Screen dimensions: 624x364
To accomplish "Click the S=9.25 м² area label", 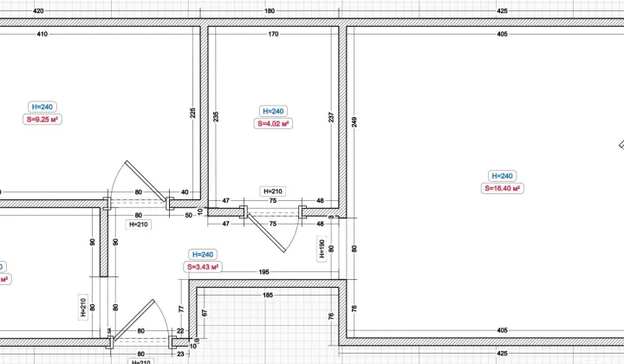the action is pyautogui.click(x=42, y=120).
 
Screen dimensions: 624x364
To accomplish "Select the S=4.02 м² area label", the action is pyautogui.click(x=273, y=124).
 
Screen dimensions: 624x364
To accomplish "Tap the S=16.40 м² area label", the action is pyautogui.click(x=502, y=189).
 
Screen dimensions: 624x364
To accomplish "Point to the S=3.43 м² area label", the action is pyautogui.click(x=203, y=267).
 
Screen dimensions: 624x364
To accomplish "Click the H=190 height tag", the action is pyautogui.click(x=322, y=249).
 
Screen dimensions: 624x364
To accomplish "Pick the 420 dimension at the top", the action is pyautogui.click(x=38, y=10).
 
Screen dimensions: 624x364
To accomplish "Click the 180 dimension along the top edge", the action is pyautogui.click(x=270, y=10).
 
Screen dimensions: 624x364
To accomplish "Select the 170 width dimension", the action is pyautogui.click(x=273, y=34).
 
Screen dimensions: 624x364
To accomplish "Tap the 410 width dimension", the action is pyautogui.click(x=42, y=34).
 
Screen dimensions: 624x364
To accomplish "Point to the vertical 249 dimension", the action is pyautogui.click(x=354, y=121).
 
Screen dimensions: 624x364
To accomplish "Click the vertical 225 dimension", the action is pyautogui.click(x=193, y=113).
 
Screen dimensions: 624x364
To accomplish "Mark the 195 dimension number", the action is pyautogui.click(x=263, y=272).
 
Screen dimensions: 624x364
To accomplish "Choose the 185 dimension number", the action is pyautogui.click(x=268, y=296).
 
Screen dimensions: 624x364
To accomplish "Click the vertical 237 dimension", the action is pyautogui.click(x=331, y=117).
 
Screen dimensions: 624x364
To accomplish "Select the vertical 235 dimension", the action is pyautogui.click(x=216, y=116).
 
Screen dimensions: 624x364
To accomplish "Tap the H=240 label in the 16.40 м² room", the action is pyautogui.click(x=502, y=176).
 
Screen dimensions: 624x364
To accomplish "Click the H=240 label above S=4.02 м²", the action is pyautogui.click(x=273, y=112).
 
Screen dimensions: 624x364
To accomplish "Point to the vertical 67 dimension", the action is pyautogui.click(x=205, y=313).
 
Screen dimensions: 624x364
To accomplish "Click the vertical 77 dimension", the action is pyautogui.click(x=181, y=309).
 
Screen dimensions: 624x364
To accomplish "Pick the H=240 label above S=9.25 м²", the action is pyautogui.click(x=42, y=107).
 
